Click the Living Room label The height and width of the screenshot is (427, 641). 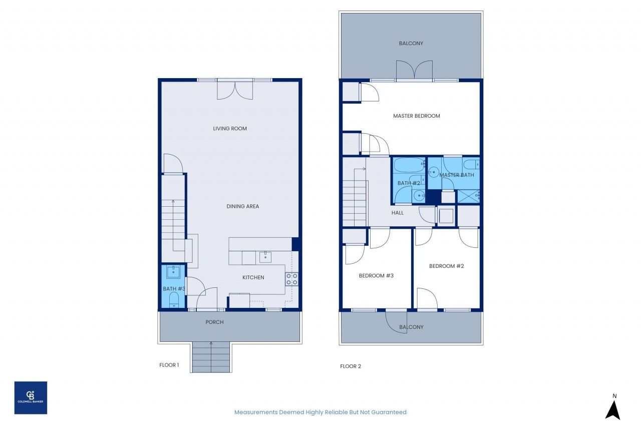(x=230, y=129)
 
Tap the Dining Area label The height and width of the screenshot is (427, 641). (x=242, y=206)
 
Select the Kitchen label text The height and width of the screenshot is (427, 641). (x=253, y=277)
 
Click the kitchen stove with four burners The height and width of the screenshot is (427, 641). (x=291, y=279)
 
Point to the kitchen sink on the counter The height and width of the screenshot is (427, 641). (x=265, y=257)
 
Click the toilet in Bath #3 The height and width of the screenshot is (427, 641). (x=174, y=300)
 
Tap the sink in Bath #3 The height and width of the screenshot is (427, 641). (x=173, y=272)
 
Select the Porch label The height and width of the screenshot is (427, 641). (x=214, y=322)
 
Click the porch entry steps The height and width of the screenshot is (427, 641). (x=211, y=357)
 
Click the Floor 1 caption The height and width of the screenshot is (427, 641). (x=169, y=365)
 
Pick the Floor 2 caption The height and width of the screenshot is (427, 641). (x=351, y=366)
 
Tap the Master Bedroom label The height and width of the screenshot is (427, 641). (x=416, y=116)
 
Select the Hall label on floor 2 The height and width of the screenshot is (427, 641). (x=398, y=213)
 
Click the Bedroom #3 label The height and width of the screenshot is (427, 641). (x=376, y=275)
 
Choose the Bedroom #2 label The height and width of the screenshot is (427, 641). (x=446, y=266)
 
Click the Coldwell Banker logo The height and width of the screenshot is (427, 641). (x=31, y=397)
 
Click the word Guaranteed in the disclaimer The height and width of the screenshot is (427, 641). (x=389, y=412)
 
